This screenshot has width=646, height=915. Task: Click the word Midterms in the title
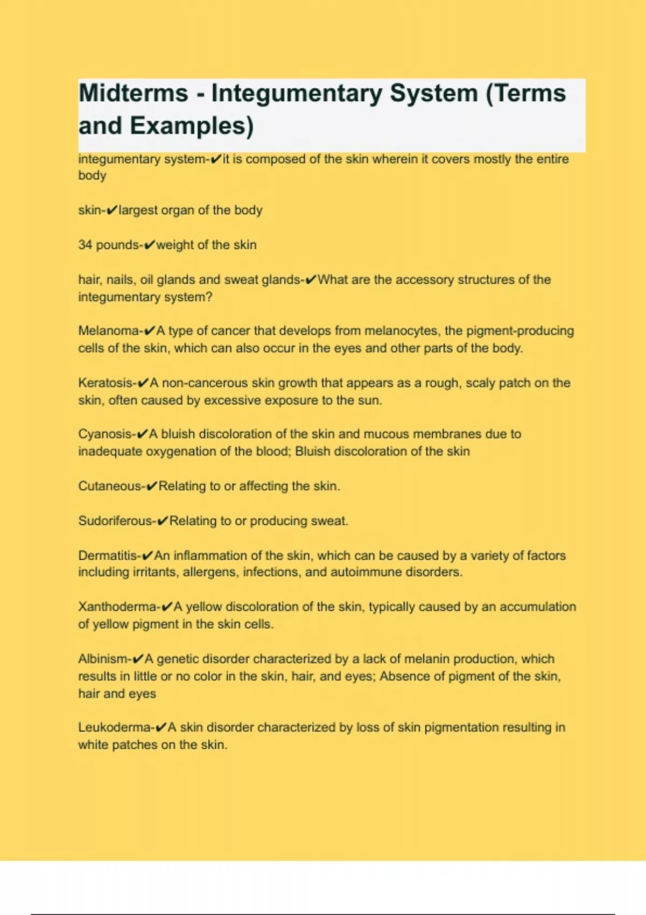pyautogui.click(x=133, y=93)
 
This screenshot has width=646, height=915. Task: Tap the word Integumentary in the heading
pyautogui.click(x=297, y=93)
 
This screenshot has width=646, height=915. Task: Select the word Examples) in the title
pyautogui.click(x=192, y=126)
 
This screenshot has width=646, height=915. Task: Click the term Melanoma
pyautogui.click(x=109, y=330)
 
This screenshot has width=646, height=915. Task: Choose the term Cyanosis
pyautogui.click(x=106, y=434)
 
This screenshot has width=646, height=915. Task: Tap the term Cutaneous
pyautogui.click(x=110, y=486)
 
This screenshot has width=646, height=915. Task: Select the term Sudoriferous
pyautogui.click(x=115, y=521)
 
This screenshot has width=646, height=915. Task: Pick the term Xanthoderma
pyautogui.click(x=117, y=607)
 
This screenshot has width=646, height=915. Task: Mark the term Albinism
pyautogui.click(x=103, y=659)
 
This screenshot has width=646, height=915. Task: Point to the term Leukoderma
pyautogui.click(x=115, y=727)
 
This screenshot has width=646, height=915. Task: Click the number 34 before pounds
pyautogui.click(x=85, y=245)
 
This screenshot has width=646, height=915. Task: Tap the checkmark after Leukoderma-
pyautogui.click(x=161, y=728)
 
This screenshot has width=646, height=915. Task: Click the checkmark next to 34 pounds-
pyautogui.click(x=150, y=245)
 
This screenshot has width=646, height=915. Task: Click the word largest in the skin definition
pyautogui.click(x=138, y=210)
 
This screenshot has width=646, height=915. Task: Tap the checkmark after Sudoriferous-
pyautogui.click(x=163, y=521)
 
